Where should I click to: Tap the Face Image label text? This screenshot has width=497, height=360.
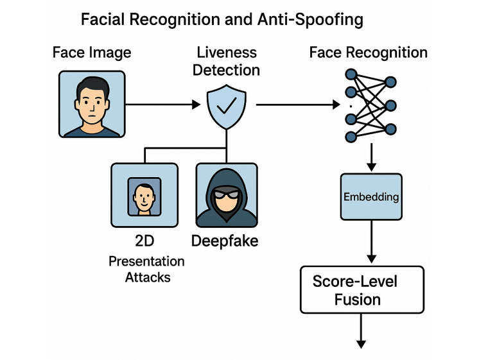pos(91,52)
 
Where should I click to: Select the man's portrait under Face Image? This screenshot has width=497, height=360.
pos(91,104)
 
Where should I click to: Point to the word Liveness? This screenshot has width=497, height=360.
pos(227,52)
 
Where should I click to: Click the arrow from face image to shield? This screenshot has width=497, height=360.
pos(161,104)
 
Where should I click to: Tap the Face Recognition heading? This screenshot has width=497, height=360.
pos(368,52)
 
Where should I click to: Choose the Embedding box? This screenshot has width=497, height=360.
pos(371,196)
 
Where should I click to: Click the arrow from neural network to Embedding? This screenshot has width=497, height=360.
pos(371,157)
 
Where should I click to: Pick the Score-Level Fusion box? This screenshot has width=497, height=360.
pos(362,289)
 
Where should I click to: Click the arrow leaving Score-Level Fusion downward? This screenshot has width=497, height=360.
pos(362,330)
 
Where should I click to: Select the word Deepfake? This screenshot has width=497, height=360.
pos(225,242)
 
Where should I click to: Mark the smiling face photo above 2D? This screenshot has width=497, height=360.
pos(144,195)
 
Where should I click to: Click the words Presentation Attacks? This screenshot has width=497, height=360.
pos(146,269)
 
